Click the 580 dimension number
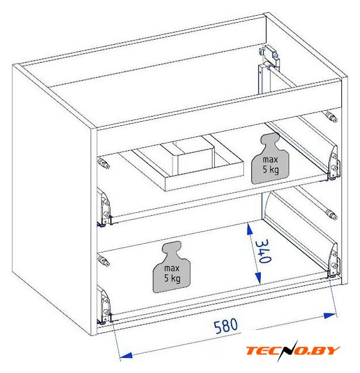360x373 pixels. (226, 326)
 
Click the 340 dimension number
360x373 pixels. (263, 251)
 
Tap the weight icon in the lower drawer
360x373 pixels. (172, 267)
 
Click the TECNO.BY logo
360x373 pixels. (293, 351)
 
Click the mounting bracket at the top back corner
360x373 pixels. (270, 56)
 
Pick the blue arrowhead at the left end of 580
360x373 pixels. (125, 356)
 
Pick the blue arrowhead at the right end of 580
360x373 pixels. (330, 316)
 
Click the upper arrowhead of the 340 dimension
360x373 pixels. (250, 229)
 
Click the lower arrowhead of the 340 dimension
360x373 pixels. (258, 278)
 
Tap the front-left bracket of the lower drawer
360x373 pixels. (104, 305)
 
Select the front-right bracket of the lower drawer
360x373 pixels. (334, 261)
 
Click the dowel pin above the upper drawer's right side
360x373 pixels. (331, 117)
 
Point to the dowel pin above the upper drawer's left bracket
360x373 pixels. (104, 163)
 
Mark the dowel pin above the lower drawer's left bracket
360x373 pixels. (104, 261)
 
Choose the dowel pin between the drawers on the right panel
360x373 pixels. (331, 214)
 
